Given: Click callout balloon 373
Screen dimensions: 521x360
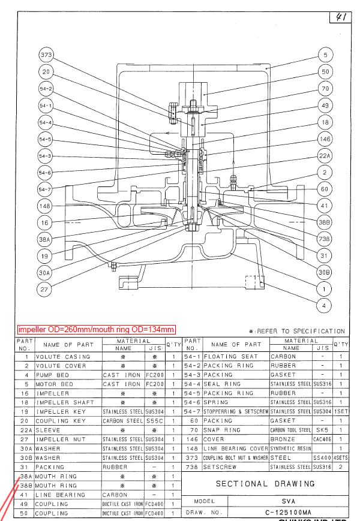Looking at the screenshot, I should click(46, 55).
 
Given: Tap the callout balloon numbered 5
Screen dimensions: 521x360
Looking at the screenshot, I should click(325, 55).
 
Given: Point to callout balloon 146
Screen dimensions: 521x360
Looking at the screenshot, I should click(325, 139).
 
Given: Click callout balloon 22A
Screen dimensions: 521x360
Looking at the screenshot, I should click(325, 156).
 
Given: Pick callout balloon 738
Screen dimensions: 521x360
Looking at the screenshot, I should click(325, 238).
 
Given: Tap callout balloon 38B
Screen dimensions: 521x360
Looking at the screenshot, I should click(325, 221).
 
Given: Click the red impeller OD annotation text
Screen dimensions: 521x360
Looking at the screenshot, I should click(96, 330).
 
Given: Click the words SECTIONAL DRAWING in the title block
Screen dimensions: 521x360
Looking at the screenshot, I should click(265, 484).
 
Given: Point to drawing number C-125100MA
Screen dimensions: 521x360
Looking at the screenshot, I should click(292, 513).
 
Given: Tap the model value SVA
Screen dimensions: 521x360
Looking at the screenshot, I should click(292, 501).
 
